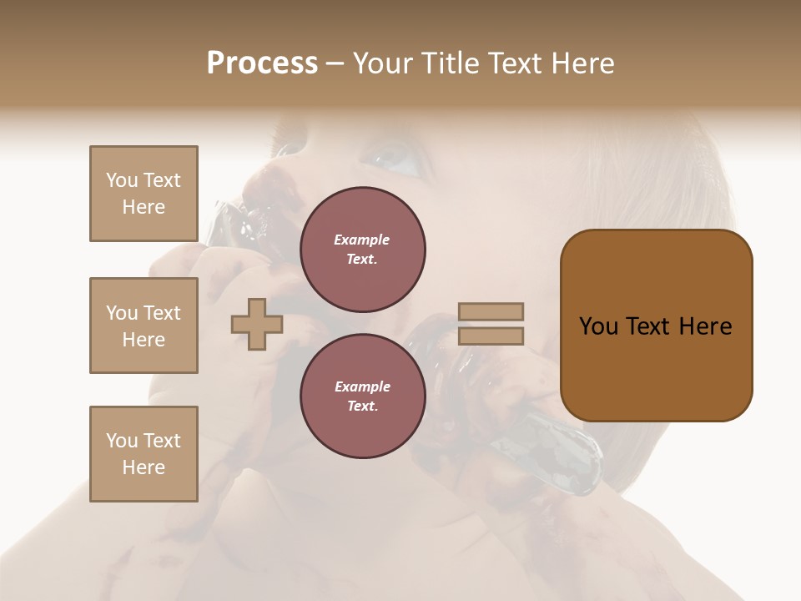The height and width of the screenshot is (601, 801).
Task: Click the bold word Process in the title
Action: tap(262, 63)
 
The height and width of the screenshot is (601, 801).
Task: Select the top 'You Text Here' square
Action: tap(144, 194)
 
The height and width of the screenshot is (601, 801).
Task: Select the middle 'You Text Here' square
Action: tap(144, 326)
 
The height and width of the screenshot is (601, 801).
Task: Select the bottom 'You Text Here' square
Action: tap(144, 454)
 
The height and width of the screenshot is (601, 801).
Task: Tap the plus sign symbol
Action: tap(256, 324)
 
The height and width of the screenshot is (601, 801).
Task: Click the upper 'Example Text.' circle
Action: tap(362, 249)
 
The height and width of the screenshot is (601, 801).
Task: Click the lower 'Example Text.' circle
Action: tap(362, 396)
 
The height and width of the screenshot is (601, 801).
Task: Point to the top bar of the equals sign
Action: tap(491, 312)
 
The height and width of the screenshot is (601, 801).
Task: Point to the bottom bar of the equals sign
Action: tap(491, 336)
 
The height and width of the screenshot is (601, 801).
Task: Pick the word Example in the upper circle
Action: tap(362, 240)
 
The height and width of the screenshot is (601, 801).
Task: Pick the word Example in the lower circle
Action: tap(362, 386)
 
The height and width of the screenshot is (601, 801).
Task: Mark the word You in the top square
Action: tap(122, 180)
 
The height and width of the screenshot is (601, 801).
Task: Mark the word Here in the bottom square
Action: tap(144, 467)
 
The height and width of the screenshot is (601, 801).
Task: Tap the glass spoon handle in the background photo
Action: tap(551, 442)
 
